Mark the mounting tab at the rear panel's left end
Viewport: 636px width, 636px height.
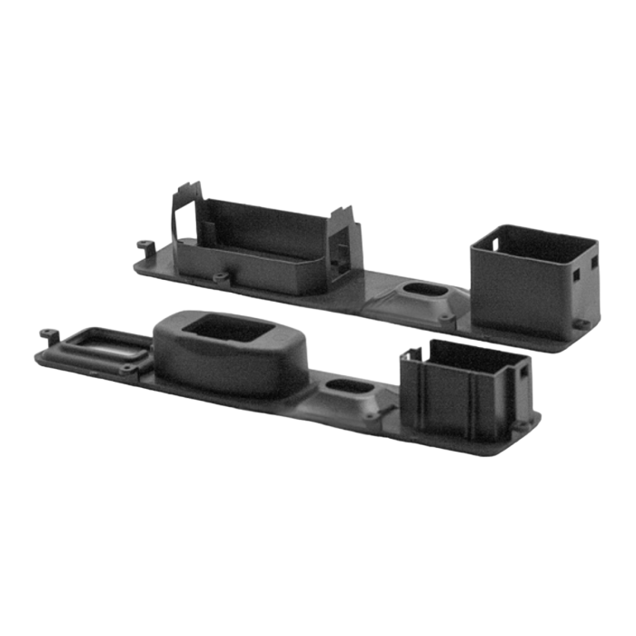142,245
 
